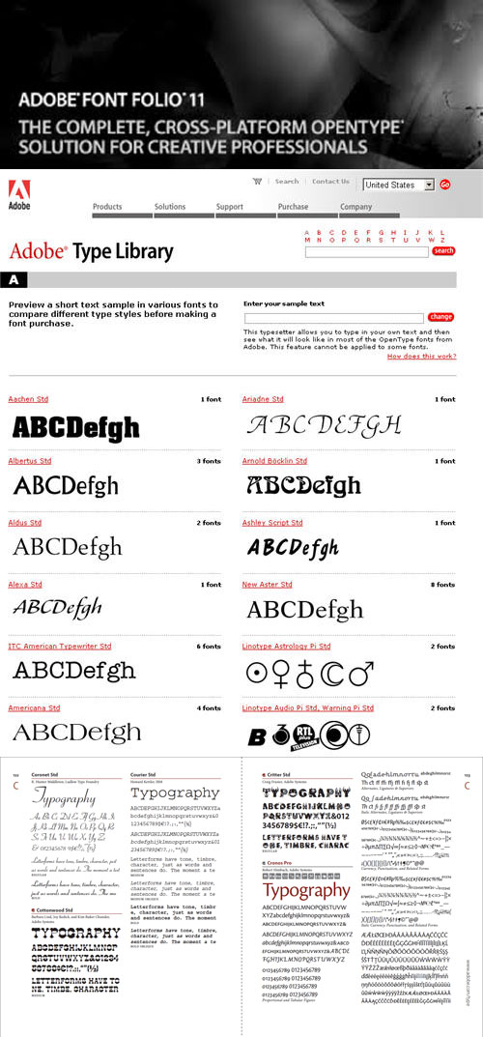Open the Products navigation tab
pyautogui.click(x=107, y=207)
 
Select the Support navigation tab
pyautogui.click(x=230, y=207)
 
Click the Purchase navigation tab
pyautogui.click(x=293, y=207)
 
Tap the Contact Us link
pyautogui.click(x=330, y=182)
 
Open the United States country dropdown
pyautogui.click(x=399, y=185)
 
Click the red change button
pyautogui.click(x=440, y=317)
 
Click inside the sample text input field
pyautogui.click(x=334, y=317)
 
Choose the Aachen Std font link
pyautogui.click(x=28, y=399)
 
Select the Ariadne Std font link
pyautogui.click(x=263, y=399)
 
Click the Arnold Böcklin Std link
pyautogui.click(x=274, y=461)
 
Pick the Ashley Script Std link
pyautogui.click(x=272, y=523)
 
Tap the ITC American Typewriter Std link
pyautogui.click(x=60, y=647)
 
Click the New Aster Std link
pyautogui.click(x=267, y=585)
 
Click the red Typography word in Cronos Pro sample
pyautogui.click(x=306, y=890)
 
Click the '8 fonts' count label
pyautogui.click(x=442, y=585)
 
